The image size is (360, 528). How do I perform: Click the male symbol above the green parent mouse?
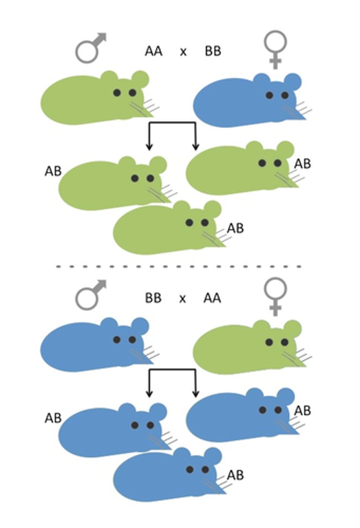click(x=90, y=48)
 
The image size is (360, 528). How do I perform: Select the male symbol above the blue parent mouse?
click(x=90, y=295)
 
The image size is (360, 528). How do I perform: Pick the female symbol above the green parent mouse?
click(x=276, y=295)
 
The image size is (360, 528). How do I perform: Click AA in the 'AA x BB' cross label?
click(x=154, y=51)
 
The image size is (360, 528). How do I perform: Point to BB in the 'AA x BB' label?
click(x=213, y=51)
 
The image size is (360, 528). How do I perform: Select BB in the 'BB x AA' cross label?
click(x=154, y=298)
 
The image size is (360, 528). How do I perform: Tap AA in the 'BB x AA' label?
click(x=212, y=298)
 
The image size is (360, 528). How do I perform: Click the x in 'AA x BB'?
click(x=183, y=52)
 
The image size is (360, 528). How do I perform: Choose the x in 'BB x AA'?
click(x=183, y=299)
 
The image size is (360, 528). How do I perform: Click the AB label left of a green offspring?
click(x=53, y=171)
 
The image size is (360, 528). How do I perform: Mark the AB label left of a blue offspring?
click(x=53, y=418)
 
